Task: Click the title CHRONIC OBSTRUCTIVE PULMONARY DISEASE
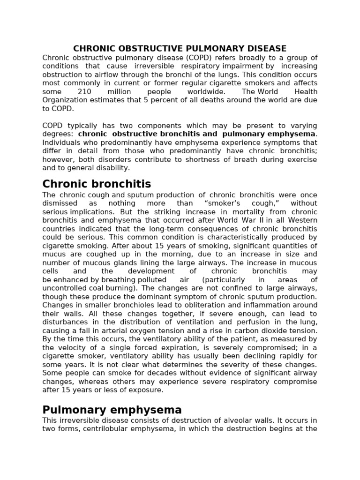coord(180,49)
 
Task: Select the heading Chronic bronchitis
coord(97,183)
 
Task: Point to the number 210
coord(84,92)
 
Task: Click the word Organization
coord(64,100)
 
